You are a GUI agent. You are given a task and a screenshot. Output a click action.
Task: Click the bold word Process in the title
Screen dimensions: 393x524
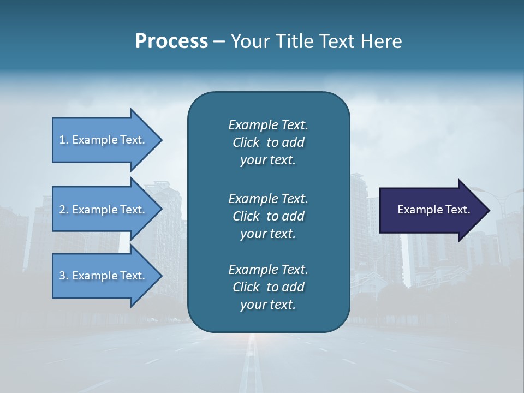click(171, 41)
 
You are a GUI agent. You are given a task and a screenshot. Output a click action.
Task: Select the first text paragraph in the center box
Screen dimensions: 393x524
click(268, 142)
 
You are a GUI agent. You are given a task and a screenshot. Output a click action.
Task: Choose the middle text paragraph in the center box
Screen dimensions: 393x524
click(268, 216)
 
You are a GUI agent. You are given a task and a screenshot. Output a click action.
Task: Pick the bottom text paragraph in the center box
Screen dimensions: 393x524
click(268, 287)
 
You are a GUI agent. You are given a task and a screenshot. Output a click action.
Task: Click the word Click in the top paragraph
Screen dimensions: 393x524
click(246, 142)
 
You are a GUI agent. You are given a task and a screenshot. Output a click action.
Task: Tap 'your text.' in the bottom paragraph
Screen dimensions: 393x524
click(268, 305)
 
